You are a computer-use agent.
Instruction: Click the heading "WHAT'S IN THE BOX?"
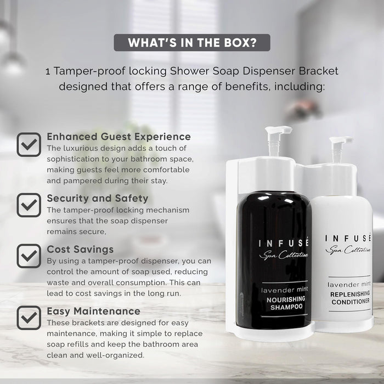click(x=192, y=43)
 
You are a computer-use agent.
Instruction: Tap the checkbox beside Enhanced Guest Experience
click(x=29, y=145)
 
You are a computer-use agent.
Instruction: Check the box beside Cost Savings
click(x=29, y=256)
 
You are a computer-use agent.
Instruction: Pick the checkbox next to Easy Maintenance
click(x=29, y=318)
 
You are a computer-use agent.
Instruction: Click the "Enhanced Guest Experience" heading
click(x=118, y=137)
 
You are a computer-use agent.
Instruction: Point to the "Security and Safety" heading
click(x=98, y=198)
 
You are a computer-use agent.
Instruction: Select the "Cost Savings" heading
click(x=80, y=250)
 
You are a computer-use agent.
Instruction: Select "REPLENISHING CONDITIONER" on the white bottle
click(x=349, y=297)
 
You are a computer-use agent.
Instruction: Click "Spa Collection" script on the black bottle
click(x=276, y=255)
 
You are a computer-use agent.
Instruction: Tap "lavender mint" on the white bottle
click(x=349, y=284)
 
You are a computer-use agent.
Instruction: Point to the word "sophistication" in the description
click(x=74, y=159)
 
